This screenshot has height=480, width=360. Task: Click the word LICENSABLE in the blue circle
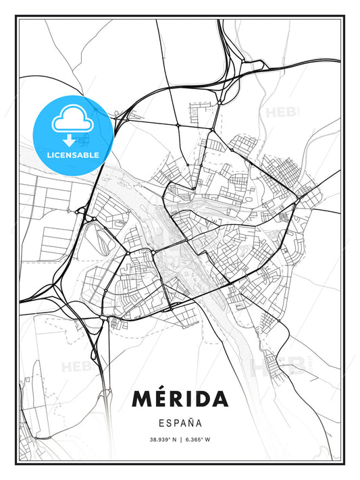(x=72, y=155)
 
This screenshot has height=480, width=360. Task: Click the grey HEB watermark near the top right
(x=282, y=111)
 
